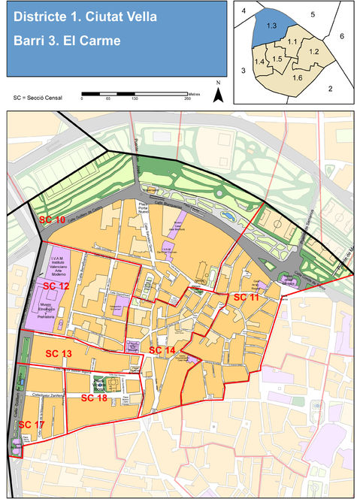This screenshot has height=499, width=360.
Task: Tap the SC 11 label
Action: pos(246,298)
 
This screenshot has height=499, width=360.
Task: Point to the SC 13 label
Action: pos(59,353)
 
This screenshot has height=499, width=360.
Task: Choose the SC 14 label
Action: pos(162,350)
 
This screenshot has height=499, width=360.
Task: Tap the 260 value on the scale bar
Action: pos(187,99)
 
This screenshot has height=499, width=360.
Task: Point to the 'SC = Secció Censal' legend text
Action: pos(37,98)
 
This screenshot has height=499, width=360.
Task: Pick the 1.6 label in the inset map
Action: pos(297,77)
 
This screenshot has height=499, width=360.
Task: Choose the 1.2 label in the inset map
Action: pos(314,51)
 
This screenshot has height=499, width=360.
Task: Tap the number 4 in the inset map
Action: pos(244,10)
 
